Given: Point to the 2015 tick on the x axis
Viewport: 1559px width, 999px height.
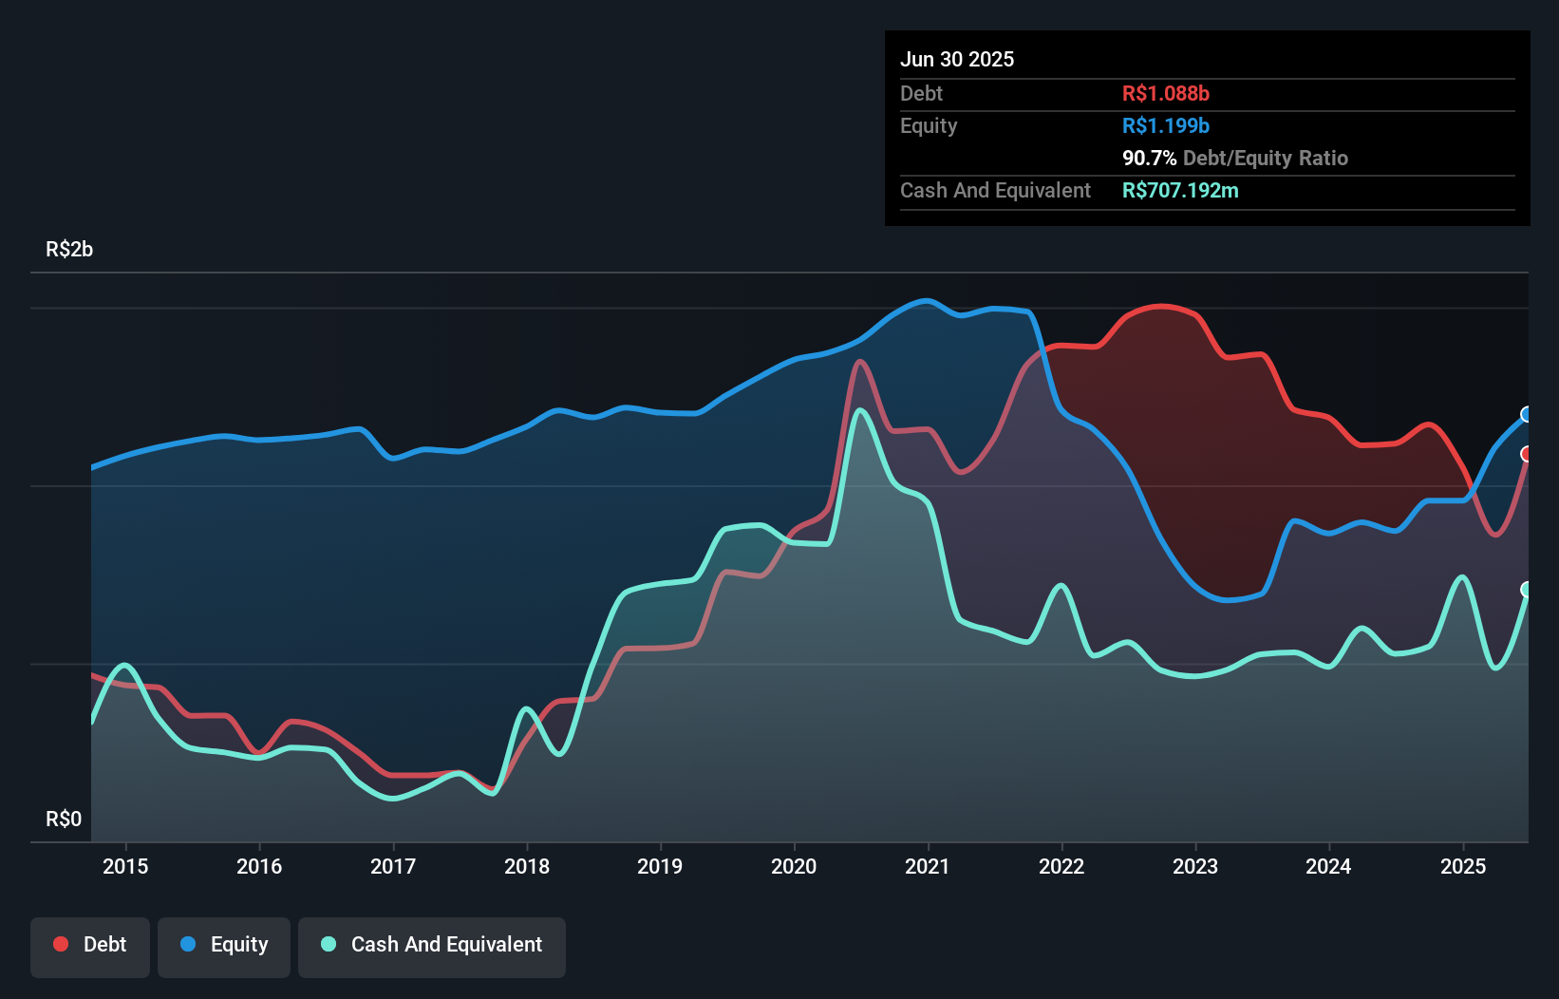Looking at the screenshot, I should pyautogui.click(x=125, y=867).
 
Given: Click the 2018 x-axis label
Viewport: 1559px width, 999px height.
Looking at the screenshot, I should pyautogui.click(x=527, y=867).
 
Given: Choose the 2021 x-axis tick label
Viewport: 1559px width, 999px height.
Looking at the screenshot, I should pyautogui.click(x=928, y=867).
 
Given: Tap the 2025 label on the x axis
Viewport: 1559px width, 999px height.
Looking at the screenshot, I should pyautogui.click(x=1462, y=867).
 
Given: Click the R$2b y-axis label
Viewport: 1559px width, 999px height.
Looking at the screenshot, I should pyautogui.click(x=69, y=250).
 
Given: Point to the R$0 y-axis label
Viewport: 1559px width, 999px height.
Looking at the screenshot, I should pyautogui.click(x=64, y=820).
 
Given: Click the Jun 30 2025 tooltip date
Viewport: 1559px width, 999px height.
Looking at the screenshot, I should pyautogui.click(x=957, y=60).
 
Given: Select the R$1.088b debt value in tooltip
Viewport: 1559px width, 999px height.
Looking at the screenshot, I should pyautogui.click(x=1165, y=94).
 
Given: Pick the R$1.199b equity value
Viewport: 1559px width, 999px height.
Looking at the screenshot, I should pyautogui.click(x=1165, y=126).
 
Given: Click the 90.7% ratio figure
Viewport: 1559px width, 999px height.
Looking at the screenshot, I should pyautogui.click(x=1149, y=159).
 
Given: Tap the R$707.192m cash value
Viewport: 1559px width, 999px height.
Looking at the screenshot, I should pyautogui.click(x=1180, y=191).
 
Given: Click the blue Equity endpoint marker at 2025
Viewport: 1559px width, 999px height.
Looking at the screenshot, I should pyautogui.click(x=1527, y=414).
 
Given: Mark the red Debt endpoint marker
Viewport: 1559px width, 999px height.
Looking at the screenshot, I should pyautogui.click(x=1527, y=454).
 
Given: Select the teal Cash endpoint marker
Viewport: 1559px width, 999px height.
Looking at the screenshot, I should pyautogui.click(x=1527, y=590).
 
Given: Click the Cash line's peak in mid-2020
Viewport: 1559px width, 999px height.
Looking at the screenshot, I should pyautogui.click(x=860, y=410).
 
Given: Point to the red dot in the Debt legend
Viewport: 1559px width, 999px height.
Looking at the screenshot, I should pyautogui.click(x=61, y=944).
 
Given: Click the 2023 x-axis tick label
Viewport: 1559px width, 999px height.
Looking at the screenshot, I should pyautogui.click(x=1195, y=867).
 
